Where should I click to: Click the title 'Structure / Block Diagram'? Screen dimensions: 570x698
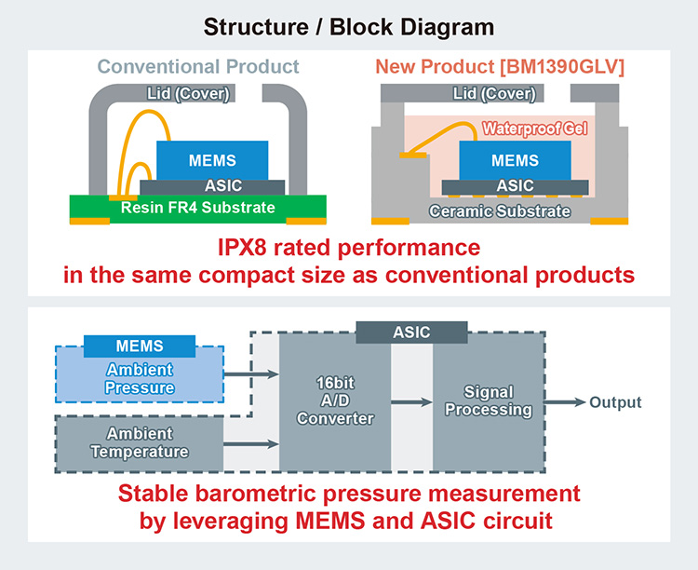(x=349, y=25)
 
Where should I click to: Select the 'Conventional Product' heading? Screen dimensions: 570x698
(x=199, y=67)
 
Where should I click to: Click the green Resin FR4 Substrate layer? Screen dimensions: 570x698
(x=198, y=207)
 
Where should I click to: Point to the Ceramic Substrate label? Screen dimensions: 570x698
(x=500, y=211)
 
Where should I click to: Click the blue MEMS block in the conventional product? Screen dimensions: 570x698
(x=212, y=160)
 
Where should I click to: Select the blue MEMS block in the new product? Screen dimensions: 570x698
(x=515, y=160)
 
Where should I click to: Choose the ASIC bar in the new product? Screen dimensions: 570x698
(x=515, y=186)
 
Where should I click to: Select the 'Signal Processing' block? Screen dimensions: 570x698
(x=489, y=403)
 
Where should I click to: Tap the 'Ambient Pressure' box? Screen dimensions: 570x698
(x=140, y=378)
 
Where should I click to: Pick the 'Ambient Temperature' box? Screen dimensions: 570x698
(x=140, y=443)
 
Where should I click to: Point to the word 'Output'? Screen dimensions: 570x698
(x=616, y=402)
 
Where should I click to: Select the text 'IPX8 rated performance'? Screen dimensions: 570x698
(x=349, y=249)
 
